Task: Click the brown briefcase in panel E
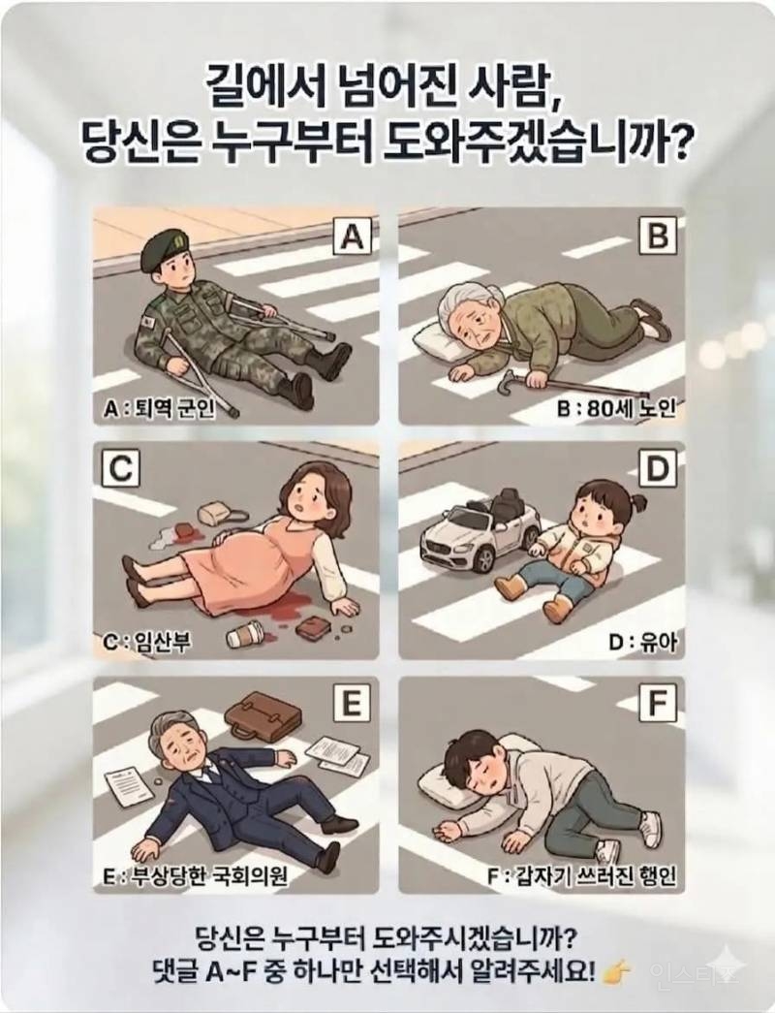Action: [263, 714]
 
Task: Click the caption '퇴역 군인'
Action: [184, 408]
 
